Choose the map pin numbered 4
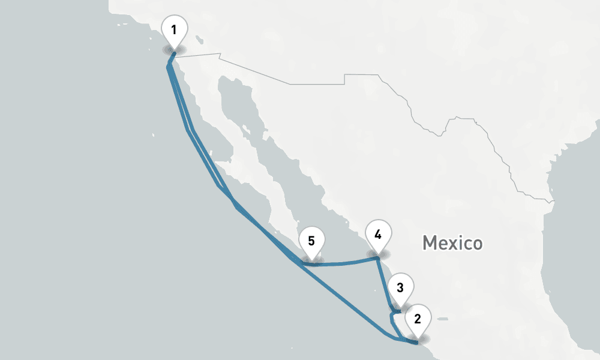click(378, 235)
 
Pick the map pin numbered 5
click(311, 242)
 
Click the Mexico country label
click(452, 243)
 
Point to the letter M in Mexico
click(429, 243)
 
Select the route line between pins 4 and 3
click(385, 284)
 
